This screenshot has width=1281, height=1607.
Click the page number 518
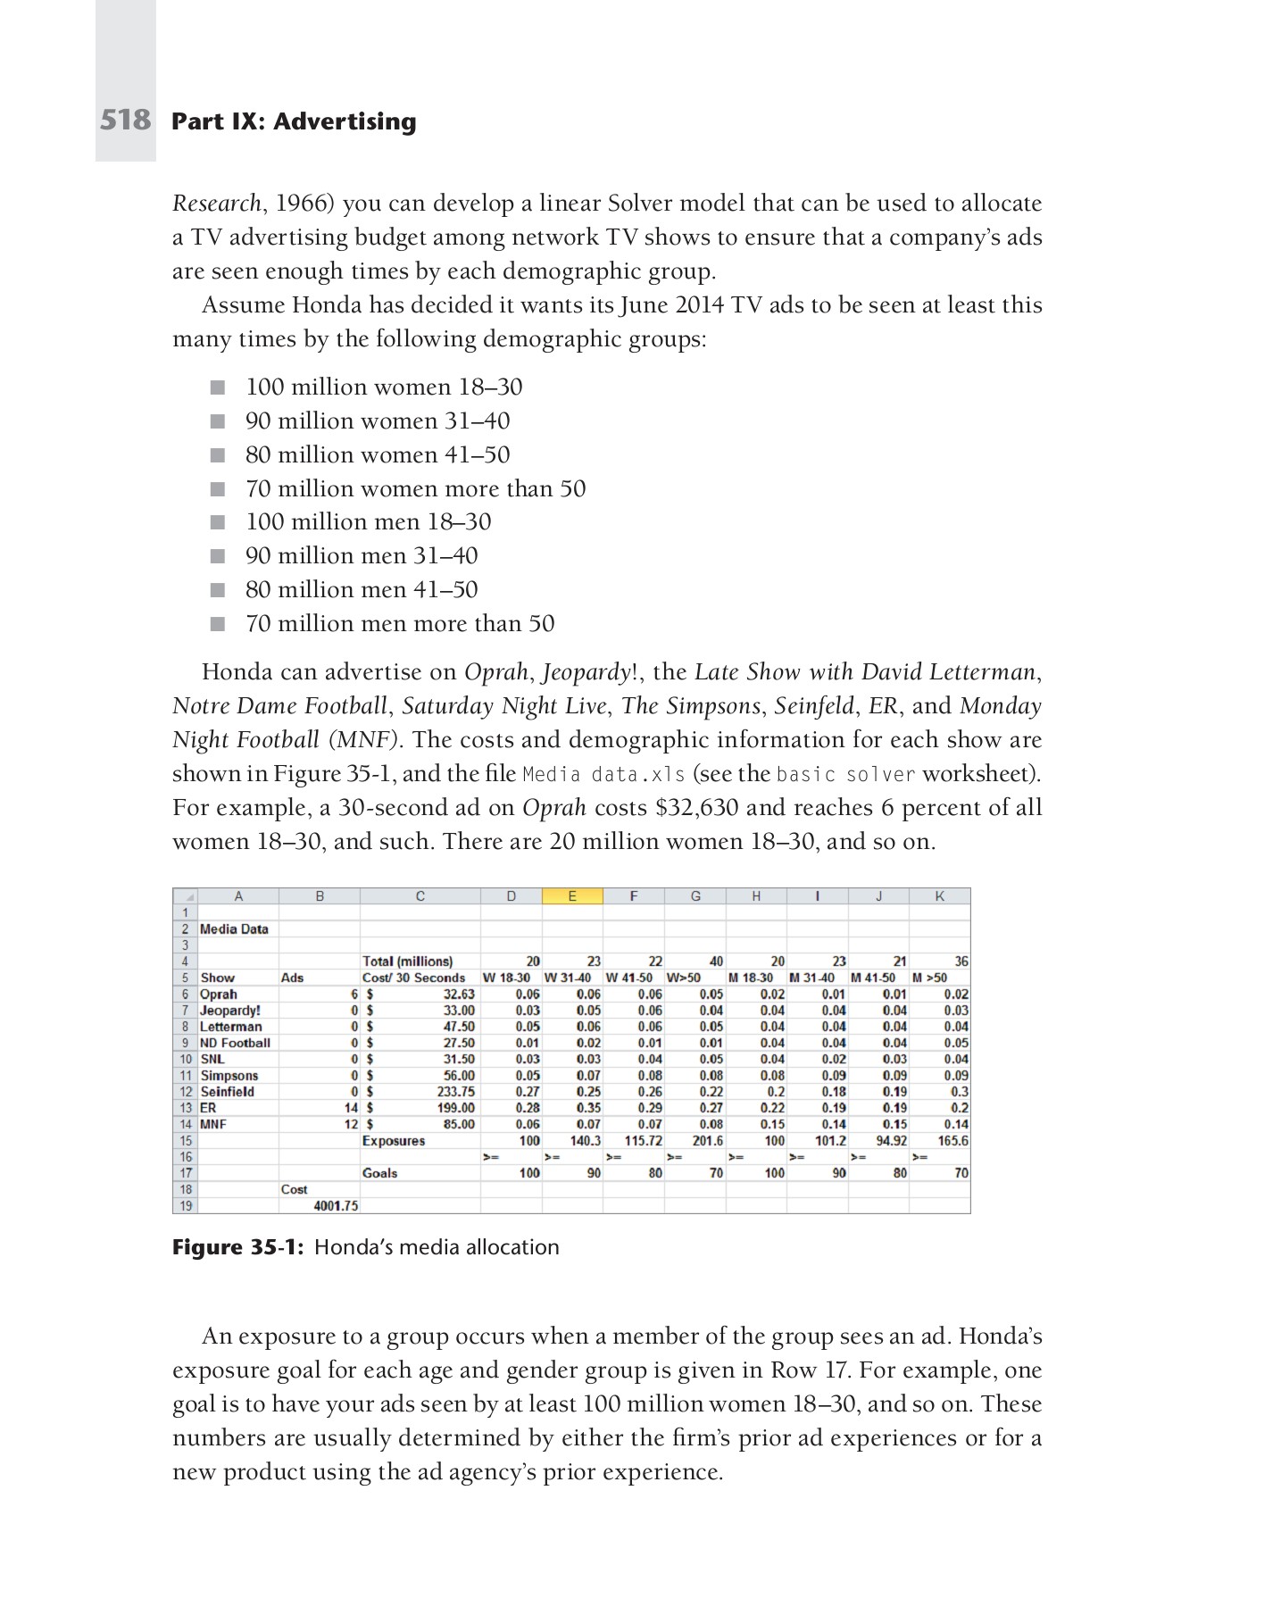(125, 120)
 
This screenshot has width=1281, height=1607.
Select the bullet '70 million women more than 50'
(415, 488)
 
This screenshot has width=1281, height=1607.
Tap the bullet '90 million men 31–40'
(362, 555)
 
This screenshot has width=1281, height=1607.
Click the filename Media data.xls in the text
(603, 774)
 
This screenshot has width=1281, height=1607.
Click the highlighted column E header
(572, 896)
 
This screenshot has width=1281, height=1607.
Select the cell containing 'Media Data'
(234, 928)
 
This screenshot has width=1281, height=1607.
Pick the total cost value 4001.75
(336, 1205)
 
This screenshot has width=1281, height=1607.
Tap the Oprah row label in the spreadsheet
(219, 994)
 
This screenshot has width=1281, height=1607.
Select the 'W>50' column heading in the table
(684, 978)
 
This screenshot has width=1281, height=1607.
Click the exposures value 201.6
(707, 1141)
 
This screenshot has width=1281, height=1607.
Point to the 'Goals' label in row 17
(380, 1173)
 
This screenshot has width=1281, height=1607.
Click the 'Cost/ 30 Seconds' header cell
(414, 978)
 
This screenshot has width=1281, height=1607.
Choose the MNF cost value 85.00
(459, 1124)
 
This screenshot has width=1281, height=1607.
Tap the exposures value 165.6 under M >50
(952, 1141)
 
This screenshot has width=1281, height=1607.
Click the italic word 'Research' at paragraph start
(216, 204)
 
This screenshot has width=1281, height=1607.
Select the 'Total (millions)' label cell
(407, 962)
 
